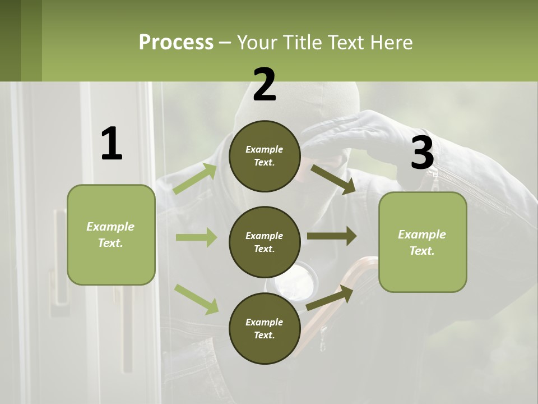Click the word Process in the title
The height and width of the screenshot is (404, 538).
click(176, 43)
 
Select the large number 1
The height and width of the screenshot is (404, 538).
click(112, 144)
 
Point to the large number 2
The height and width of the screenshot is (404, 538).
click(265, 85)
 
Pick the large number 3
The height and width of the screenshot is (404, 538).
click(422, 153)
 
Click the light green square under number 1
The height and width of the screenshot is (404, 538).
click(111, 235)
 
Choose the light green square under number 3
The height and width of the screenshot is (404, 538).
click(423, 242)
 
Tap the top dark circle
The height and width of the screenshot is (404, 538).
click(265, 156)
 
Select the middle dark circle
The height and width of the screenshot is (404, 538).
click(265, 242)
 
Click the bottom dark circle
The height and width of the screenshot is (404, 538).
click(265, 328)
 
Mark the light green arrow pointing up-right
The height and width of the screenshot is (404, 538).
click(195, 178)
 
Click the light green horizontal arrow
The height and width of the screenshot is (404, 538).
click(196, 237)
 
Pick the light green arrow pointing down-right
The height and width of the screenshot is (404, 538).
click(196, 299)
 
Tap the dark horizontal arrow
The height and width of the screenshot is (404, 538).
click(332, 236)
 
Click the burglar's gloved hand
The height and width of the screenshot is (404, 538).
click(359, 135)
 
